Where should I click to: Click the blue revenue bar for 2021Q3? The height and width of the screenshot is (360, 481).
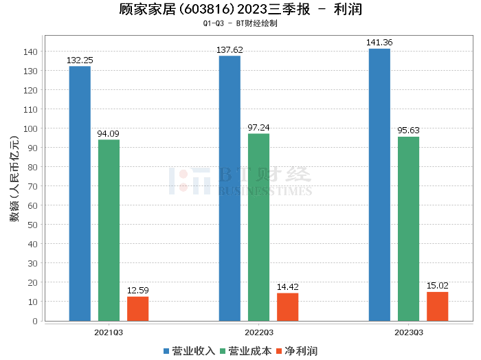[80, 193]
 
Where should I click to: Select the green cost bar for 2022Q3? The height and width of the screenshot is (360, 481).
[258, 227]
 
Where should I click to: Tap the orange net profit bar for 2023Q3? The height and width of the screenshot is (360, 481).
[437, 306]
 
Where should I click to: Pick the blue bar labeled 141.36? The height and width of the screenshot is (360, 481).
[379, 185]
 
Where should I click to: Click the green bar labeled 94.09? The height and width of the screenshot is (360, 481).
[109, 230]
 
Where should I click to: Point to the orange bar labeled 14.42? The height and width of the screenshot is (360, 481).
[287, 307]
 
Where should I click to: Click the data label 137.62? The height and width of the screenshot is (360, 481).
[230, 50]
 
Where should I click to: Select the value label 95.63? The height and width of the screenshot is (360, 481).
[408, 131]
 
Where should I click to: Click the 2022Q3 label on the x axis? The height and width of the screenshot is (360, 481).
[258, 332]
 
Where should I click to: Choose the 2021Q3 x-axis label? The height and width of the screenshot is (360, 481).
[109, 332]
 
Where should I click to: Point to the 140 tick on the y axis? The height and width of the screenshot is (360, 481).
[31, 52]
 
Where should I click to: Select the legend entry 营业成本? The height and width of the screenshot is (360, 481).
[247, 351]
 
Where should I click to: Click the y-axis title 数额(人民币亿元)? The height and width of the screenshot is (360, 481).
[14, 185]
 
